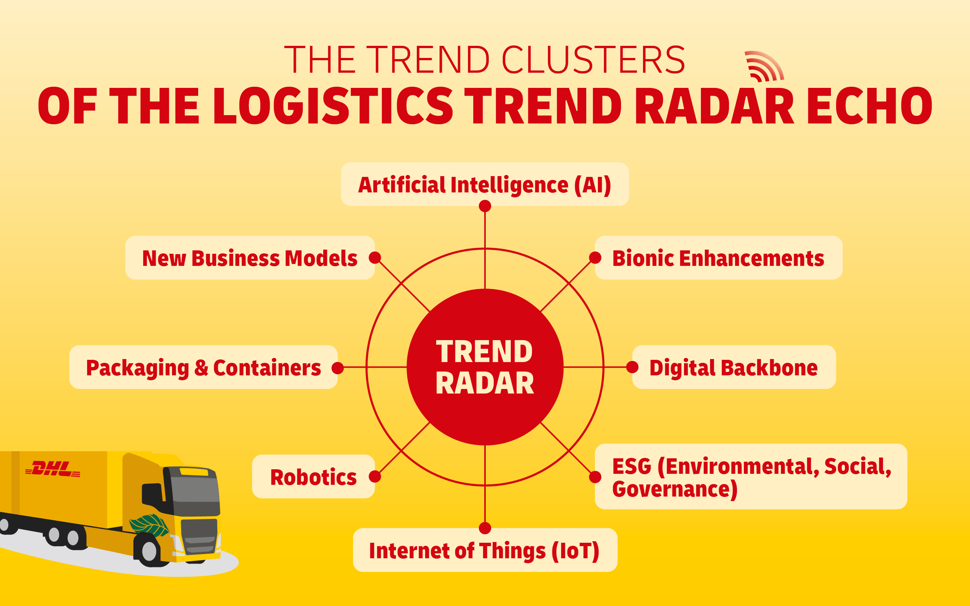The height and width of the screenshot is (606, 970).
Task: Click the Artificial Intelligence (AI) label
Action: (485, 184)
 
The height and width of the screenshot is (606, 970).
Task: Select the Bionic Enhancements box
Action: (718, 258)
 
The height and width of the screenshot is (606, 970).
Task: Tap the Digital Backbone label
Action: (734, 367)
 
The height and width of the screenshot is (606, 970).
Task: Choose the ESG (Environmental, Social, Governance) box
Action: (751, 477)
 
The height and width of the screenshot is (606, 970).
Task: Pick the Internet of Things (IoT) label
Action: (485, 550)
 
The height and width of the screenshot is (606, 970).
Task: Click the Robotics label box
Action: (313, 476)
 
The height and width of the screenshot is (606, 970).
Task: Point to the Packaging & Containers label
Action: (203, 367)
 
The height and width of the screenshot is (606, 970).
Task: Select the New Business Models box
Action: (249, 258)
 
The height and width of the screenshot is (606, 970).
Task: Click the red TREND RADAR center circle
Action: (485, 367)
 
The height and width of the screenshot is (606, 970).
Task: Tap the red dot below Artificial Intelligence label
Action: (485, 206)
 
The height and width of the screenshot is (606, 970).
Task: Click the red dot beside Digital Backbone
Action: (632, 367)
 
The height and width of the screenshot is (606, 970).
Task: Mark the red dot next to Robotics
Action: (375, 476)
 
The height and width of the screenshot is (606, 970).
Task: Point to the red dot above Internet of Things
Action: (485, 528)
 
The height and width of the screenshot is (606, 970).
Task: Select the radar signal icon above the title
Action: (763, 67)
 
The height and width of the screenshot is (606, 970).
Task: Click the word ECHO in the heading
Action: (869, 106)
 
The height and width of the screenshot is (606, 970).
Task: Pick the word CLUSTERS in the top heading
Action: (593, 60)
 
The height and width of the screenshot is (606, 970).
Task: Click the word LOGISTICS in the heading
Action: (333, 106)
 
